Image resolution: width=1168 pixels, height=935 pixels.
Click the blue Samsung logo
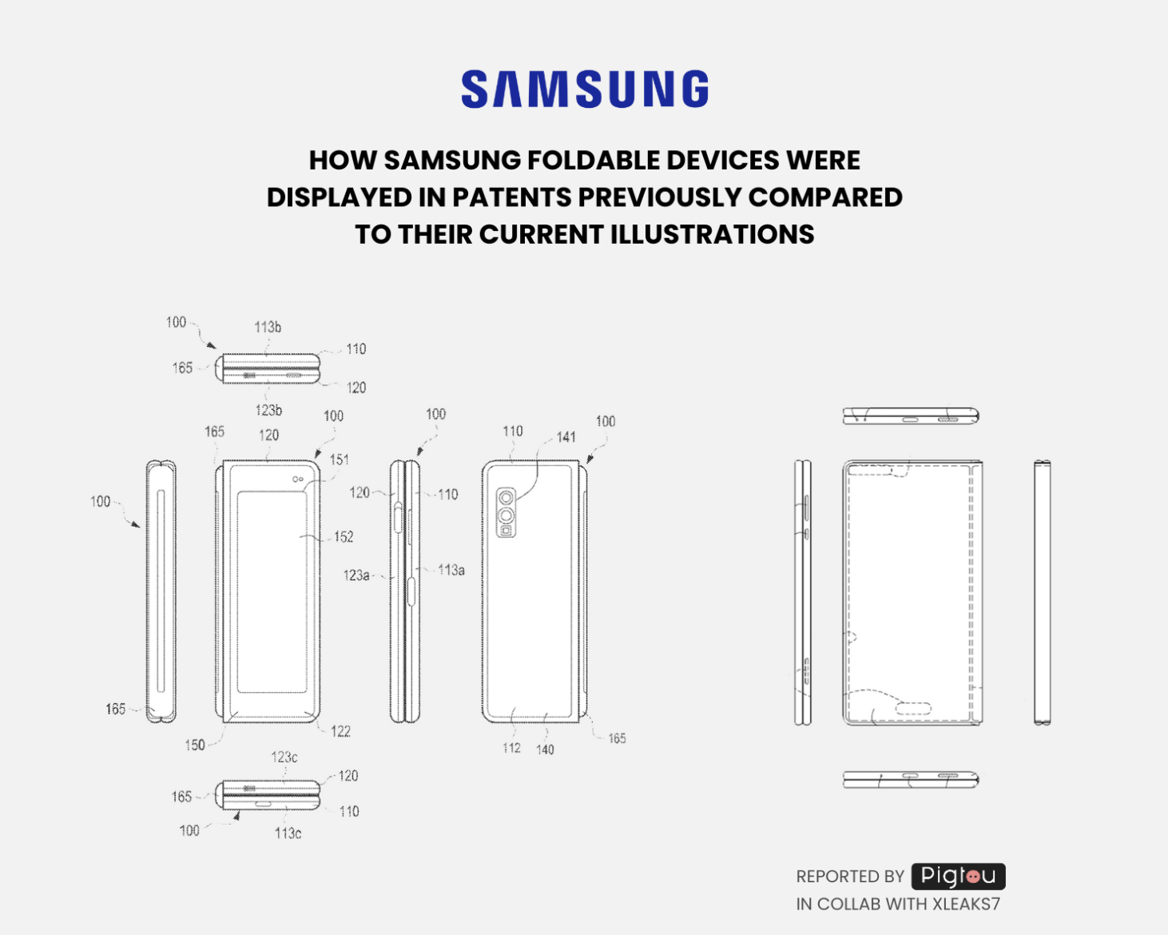[585, 89]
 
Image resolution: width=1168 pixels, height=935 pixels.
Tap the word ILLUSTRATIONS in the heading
[712, 235]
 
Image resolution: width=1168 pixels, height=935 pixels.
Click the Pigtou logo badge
[958, 876]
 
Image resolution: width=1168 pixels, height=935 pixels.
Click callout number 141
[566, 437]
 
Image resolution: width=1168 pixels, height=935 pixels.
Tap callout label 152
[344, 536]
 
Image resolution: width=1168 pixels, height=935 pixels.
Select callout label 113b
[268, 327]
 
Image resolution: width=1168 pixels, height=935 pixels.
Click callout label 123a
[356, 575]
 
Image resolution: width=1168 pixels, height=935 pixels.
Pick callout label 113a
[451, 570]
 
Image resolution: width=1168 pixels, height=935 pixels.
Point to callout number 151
[340, 460]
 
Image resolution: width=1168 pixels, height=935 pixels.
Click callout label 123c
[284, 757]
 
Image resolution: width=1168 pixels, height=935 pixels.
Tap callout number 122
[340, 731]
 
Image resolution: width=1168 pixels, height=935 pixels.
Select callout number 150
[195, 745]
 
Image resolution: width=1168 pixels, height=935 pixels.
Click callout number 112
[511, 748]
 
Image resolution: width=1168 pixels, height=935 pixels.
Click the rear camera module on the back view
[506, 512]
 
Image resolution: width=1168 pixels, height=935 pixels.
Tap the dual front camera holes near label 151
[297, 479]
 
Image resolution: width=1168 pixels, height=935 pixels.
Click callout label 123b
[268, 410]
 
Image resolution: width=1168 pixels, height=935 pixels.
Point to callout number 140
[545, 750]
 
